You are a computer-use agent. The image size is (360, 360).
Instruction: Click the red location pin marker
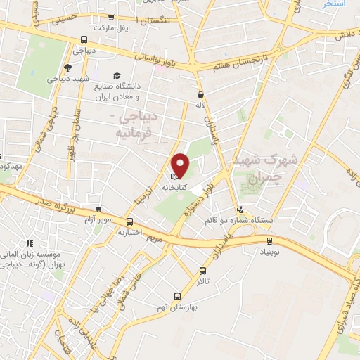tap(181, 165)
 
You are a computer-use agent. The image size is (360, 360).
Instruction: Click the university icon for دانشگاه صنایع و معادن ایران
tap(116, 75)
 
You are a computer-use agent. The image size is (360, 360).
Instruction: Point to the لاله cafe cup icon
tap(202, 94)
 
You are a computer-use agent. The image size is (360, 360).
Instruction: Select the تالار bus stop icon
tap(203, 271)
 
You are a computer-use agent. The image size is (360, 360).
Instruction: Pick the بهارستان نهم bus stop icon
tap(177, 296)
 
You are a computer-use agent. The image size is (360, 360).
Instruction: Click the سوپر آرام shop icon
tap(98, 210)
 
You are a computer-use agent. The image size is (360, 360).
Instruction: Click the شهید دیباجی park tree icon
tap(67, 67)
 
